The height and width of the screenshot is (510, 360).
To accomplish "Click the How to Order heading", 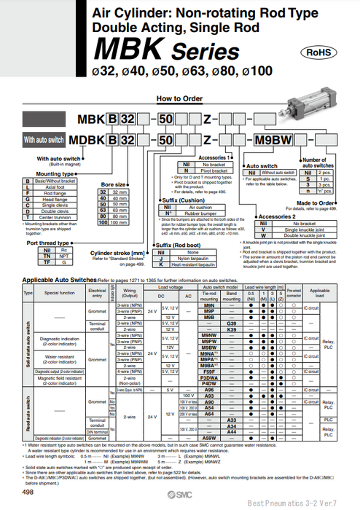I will tap(179, 98).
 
